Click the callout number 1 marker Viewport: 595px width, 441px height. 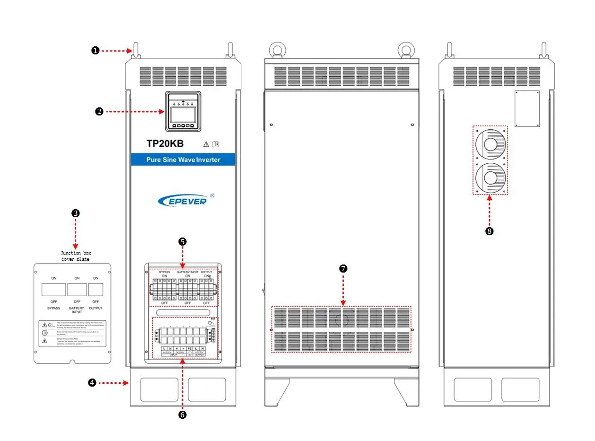coord(95,51)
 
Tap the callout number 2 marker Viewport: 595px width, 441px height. coord(99,112)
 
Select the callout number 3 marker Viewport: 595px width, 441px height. coord(75,213)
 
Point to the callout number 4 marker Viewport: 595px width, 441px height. coord(92,383)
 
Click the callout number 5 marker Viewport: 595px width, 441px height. coord(182,241)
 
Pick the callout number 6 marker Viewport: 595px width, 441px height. coord(183,415)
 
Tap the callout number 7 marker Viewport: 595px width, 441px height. coord(343,268)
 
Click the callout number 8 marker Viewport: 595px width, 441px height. coord(490,231)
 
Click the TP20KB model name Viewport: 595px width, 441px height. coord(165,144)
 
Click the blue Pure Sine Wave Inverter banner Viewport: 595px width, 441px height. coord(183,160)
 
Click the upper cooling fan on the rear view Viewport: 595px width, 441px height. coord(490,144)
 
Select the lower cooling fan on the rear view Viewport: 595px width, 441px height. coord(490,177)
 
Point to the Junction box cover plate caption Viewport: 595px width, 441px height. coord(75,256)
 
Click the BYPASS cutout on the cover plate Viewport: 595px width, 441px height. coord(53,290)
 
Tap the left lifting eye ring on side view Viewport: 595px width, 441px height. coord(276,49)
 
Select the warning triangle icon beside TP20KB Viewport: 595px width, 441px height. coord(206,144)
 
